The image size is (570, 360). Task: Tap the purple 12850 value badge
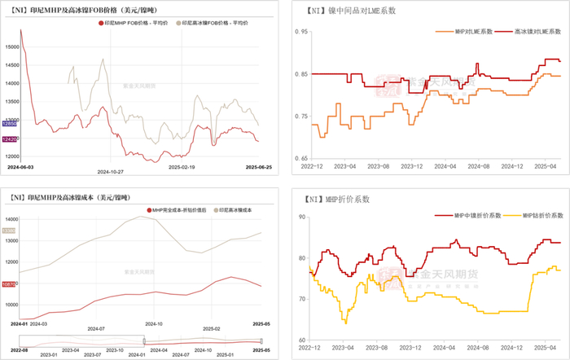click(11, 123)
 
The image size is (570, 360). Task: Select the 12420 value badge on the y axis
click(11, 140)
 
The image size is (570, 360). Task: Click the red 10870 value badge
click(11, 283)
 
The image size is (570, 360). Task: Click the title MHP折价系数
click(325, 198)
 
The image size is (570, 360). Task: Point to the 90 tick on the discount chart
click(301, 217)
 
